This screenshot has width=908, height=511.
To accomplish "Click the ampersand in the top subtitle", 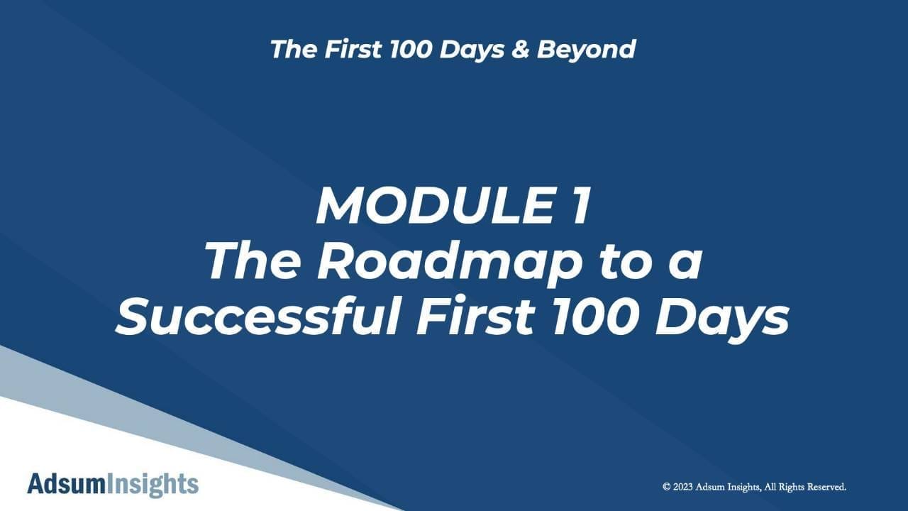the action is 520,49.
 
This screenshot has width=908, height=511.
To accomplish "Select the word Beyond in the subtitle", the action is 586,50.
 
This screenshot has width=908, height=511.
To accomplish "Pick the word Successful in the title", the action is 259,316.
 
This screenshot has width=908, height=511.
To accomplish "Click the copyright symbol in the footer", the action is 666,487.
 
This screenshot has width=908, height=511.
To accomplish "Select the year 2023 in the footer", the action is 683,487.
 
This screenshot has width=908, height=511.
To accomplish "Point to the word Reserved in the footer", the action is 826,487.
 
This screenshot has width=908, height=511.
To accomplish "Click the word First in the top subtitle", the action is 353,49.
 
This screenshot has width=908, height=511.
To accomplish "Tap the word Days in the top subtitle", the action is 472,50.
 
